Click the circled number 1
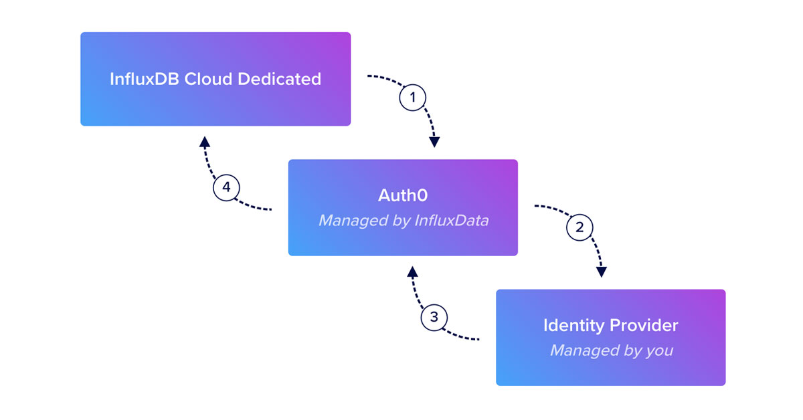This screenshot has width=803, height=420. click(x=412, y=98)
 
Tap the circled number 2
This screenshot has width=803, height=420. click(x=579, y=227)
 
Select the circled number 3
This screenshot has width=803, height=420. click(x=434, y=316)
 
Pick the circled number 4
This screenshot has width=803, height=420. click(x=226, y=187)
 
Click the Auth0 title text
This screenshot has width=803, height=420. click(x=402, y=195)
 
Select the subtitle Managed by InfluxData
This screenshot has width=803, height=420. click(x=403, y=220)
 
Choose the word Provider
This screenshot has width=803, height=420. click(x=644, y=326)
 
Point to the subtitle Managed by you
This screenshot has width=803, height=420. click(x=610, y=350)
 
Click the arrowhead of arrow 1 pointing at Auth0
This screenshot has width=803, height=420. click(x=435, y=142)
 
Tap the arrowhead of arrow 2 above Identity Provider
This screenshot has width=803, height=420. click(x=602, y=272)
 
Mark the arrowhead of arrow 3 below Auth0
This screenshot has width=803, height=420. click(x=413, y=271)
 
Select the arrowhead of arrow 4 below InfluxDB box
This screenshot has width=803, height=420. click(x=205, y=141)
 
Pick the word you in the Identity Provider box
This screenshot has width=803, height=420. click(x=658, y=350)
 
